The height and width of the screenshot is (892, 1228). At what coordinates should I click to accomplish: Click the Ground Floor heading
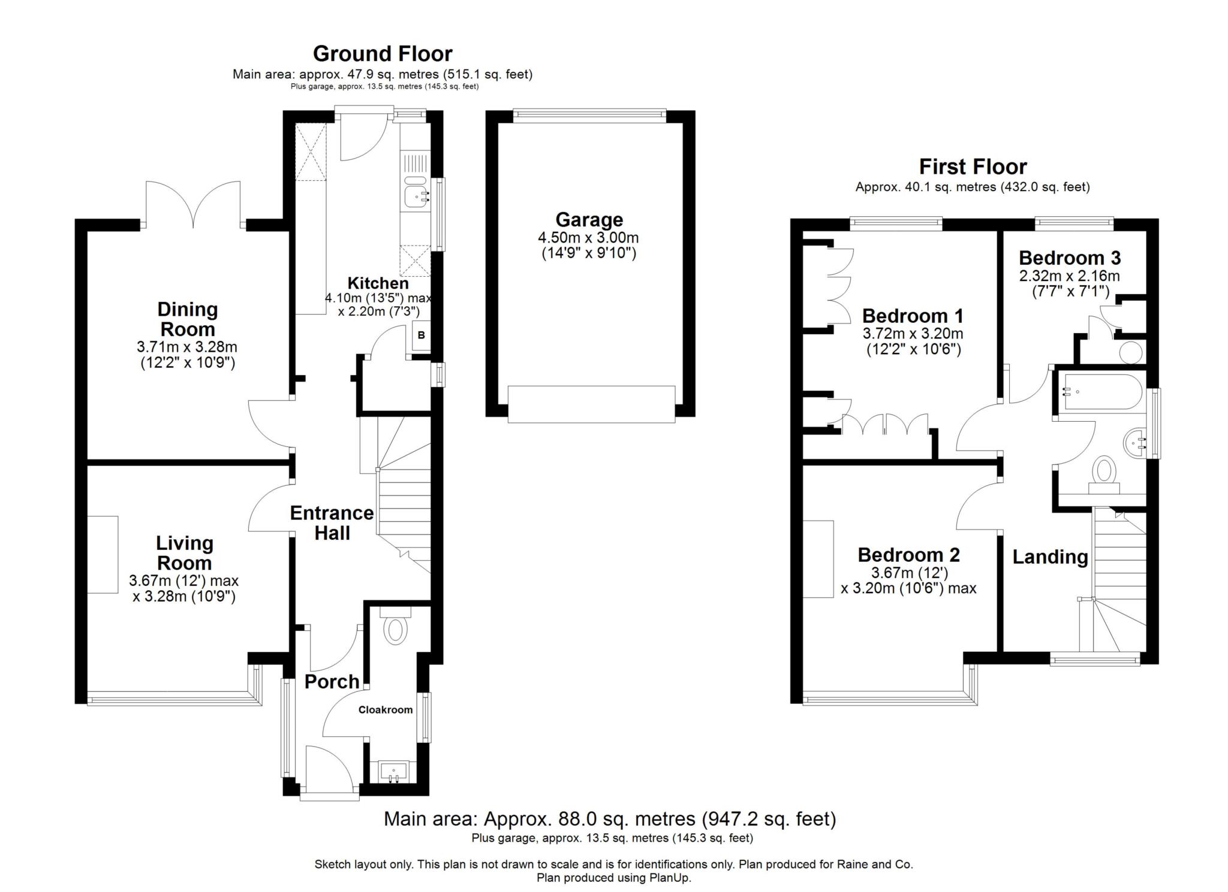click(x=382, y=54)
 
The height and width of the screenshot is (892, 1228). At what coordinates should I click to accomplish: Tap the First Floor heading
click(x=973, y=167)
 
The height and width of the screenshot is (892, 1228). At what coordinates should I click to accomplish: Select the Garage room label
click(x=589, y=219)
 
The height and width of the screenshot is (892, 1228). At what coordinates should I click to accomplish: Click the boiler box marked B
click(x=421, y=335)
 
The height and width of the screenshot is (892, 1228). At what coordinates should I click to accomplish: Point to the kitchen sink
click(x=416, y=195)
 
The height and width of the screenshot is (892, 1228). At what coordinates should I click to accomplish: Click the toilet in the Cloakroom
click(x=395, y=631)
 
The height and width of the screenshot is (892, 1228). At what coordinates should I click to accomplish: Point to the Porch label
click(x=332, y=682)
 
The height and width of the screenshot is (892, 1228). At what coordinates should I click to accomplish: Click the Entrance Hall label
click(x=332, y=523)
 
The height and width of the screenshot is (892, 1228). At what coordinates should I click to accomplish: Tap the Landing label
click(x=1050, y=557)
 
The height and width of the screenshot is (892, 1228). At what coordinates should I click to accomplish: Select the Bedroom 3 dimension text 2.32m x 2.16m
click(x=1069, y=276)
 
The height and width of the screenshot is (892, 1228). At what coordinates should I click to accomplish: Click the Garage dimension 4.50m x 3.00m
click(x=588, y=237)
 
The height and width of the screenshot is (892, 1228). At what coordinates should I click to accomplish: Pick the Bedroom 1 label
click(x=913, y=316)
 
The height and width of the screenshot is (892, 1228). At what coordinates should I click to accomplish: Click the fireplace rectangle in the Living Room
click(x=103, y=554)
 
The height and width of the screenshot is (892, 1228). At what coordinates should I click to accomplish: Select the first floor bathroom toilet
click(x=1104, y=473)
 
